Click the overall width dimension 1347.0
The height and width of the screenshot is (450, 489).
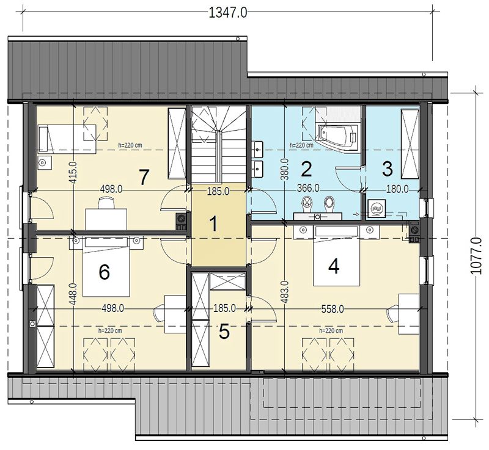click(227, 13)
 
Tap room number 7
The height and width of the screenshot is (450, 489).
click(143, 178)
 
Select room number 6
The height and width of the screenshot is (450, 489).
click(104, 272)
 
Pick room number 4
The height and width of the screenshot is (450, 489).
click(334, 267)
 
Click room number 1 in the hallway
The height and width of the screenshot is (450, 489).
click(213, 224)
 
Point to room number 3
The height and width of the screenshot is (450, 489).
click(388, 169)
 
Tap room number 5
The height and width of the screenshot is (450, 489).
click(224, 331)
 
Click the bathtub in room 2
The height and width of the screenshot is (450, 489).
click(339, 137)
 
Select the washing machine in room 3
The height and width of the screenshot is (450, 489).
click(377, 208)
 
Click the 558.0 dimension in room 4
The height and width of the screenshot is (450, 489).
click(333, 309)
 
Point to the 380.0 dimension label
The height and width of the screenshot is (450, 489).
click(285, 169)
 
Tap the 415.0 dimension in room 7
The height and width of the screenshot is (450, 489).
click(73, 173)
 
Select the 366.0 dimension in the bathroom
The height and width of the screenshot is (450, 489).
click(308, 188)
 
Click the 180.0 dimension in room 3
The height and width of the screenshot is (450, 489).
click(397, 189)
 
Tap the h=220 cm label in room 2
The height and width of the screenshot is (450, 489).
click(301, 145)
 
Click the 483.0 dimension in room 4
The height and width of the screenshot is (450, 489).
click(285, 292)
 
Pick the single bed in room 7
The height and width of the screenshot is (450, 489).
click(67, 139)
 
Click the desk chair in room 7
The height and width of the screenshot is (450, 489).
click(106, 203)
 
